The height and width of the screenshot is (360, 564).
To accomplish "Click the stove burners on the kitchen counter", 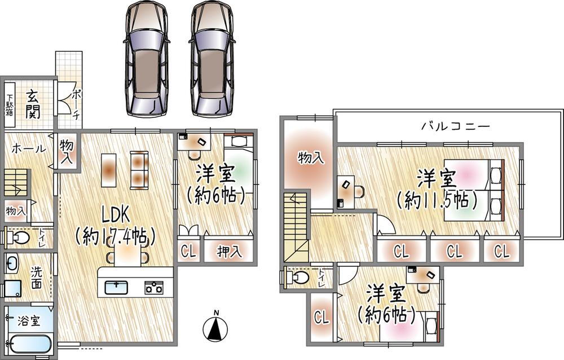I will [153, 287].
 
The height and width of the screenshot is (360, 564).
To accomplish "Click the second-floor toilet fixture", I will [298, 278].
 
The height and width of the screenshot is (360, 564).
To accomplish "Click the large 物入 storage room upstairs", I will [310, 158].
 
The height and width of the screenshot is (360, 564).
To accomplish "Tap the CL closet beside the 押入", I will [189, 252].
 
